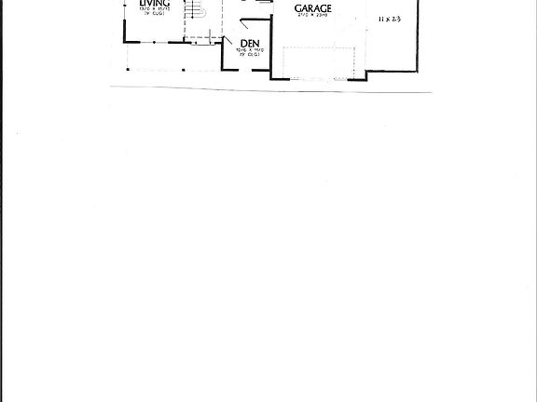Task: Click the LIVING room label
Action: [x=155, y=4]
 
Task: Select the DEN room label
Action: [x=249, y=44]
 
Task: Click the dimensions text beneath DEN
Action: [x=249, y=52]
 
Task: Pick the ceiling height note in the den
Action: [x=249, y=58]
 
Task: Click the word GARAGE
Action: [x=312, y=7]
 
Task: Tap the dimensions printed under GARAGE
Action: [x=312, y=16]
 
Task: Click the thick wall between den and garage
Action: [x=271, y=51]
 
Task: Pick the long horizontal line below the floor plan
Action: [x=270, y=89]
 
